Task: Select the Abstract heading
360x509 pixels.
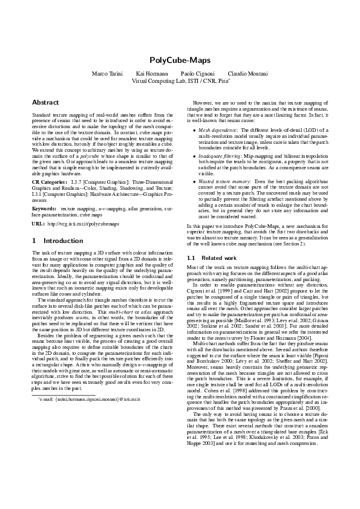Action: [45, 103]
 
